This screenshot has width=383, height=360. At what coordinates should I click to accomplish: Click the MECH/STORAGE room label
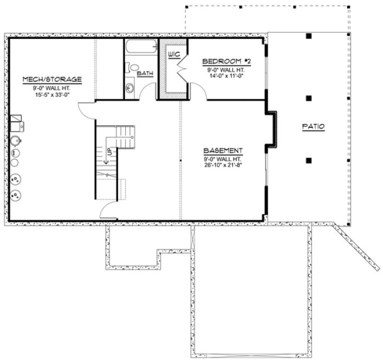(52, 80)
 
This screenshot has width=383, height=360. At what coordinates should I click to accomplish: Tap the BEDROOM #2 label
(226, 61)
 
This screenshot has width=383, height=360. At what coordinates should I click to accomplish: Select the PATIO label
(313, 126)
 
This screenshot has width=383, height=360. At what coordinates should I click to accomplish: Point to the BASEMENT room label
(223, 150)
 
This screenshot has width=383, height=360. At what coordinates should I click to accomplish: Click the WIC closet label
(174, 54)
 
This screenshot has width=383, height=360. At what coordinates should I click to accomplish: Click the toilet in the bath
(131, 68)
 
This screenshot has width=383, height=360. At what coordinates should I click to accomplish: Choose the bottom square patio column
(308, 160)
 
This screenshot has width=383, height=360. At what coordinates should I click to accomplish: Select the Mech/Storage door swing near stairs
(88, 112)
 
